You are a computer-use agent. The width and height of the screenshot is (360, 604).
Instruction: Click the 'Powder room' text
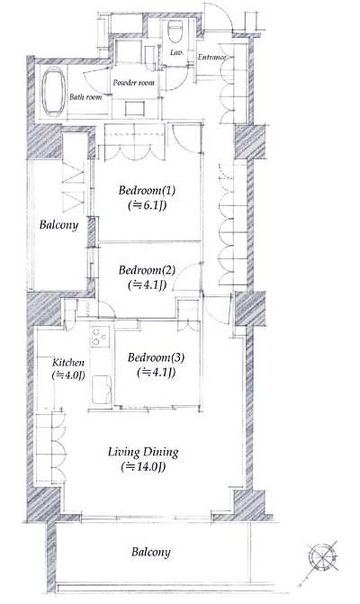pyautogui.click(x=134, y=84)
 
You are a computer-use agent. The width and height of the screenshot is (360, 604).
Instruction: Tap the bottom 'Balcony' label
pyautogui.click(x=149, y=551)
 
